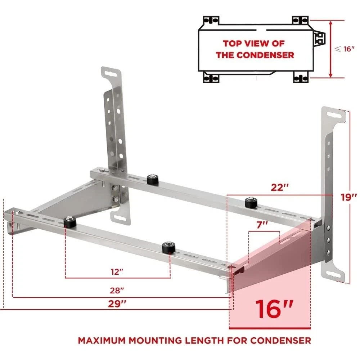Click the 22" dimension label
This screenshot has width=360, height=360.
tap(279, 188)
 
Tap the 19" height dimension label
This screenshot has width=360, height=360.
tap(349, 197)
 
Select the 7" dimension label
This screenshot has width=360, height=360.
tap(262, 225)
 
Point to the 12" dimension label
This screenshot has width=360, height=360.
tap(117, 272)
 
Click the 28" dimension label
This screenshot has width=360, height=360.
tap(117, 291)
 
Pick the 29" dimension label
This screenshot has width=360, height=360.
tap(117, 304)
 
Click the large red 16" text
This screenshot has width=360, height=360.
tap(274, 309)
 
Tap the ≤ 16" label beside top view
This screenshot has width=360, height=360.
tap(345, 49)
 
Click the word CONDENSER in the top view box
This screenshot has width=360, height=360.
tap(265, 55)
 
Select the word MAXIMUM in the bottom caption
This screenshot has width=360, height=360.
tap(102, 340)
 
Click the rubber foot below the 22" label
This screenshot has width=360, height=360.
tap(251, 202)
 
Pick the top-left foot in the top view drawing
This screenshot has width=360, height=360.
tap(211, 21)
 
